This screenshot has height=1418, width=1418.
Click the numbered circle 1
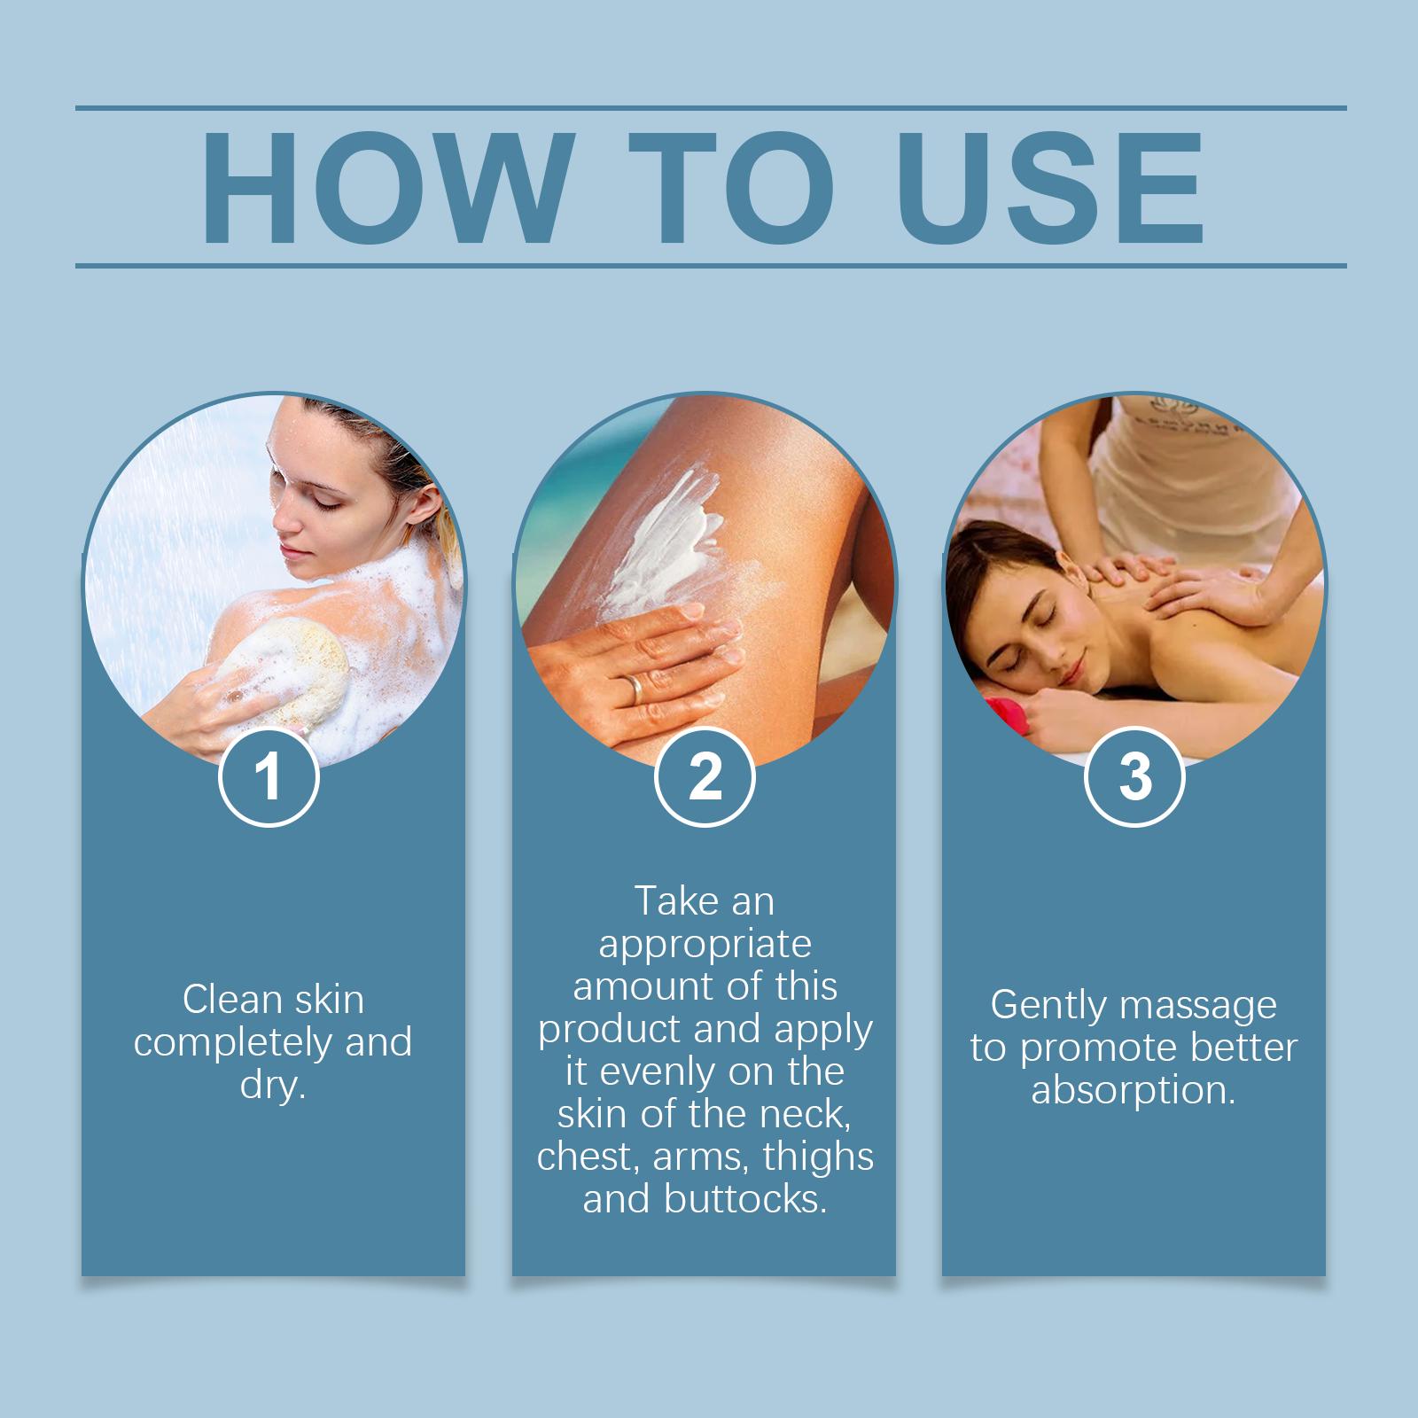click(268, 776)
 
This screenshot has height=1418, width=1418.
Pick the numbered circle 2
click(705, 776)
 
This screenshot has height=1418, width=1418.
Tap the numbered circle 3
click(1134, 776)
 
